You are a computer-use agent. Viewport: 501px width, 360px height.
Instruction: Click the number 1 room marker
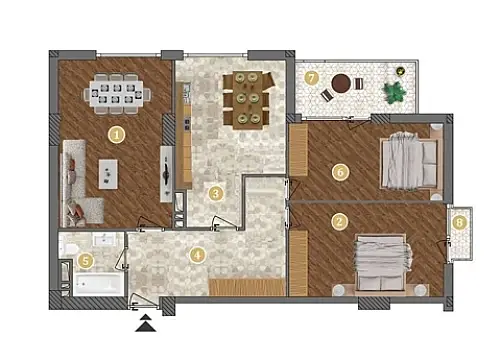point(117,133)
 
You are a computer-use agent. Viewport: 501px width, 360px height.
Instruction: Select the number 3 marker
point(215,193)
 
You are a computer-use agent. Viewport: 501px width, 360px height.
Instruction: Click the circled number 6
point(340,173)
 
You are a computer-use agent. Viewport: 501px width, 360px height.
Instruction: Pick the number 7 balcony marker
point(312,77)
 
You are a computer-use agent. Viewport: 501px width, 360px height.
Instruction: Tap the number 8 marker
point(459,222)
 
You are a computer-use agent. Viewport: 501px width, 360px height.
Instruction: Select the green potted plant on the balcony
point(396,93)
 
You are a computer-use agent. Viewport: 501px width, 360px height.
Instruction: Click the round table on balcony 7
point(342,83)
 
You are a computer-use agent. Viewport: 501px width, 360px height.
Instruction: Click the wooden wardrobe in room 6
point(298,152)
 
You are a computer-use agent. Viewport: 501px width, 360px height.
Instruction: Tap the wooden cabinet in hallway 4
point(246,287)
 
